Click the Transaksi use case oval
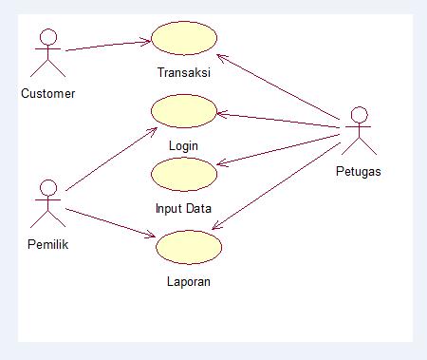[x=184, y=40]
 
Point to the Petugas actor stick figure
[x=357, y=133]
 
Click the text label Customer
[x=47, y=93]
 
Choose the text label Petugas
[x=359, y=172]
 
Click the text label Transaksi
[x=184, y=72]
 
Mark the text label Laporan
[x=188, y=281]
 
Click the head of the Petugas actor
[x=357, y=115]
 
